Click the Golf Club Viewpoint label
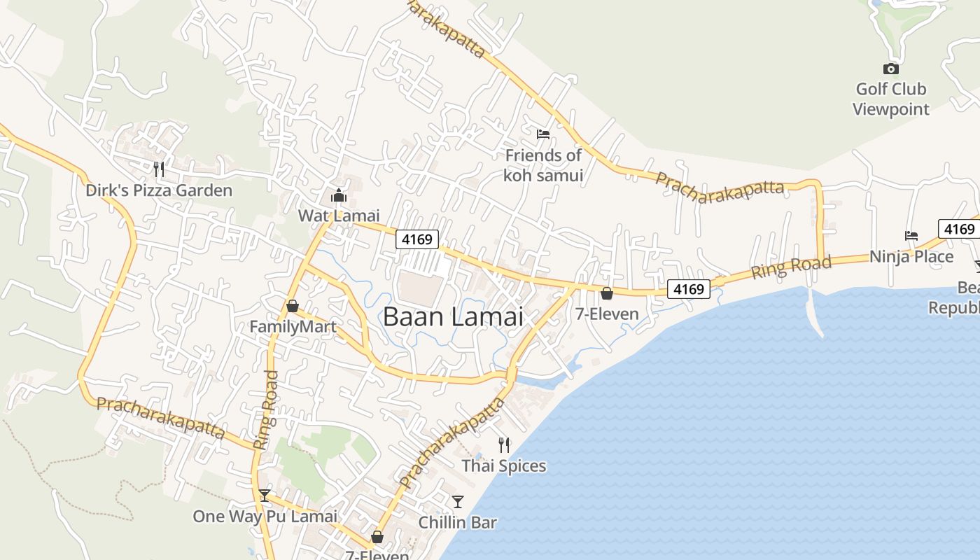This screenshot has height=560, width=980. click(890, 99)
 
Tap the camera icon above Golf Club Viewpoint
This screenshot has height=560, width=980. click(890, 69)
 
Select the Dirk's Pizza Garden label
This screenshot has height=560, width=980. click(159, 190)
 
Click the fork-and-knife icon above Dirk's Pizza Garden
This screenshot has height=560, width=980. click(159, 169)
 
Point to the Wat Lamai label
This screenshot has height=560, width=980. click(339, 216)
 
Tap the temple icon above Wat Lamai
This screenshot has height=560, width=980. click(339, 195)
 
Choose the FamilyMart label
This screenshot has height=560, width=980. click(293, 326)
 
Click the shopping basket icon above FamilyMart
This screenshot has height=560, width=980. click(293, 306)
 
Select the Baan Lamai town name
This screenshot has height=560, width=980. click(453, 316)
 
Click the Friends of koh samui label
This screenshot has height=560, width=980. click(543, 165)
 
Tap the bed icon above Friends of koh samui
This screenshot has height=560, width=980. click(543, 134)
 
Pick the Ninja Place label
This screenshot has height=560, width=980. click(911, 256)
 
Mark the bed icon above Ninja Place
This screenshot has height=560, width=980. click(911, 236)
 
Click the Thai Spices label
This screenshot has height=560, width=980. click(503, 465)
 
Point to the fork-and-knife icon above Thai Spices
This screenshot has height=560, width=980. click(503, 444)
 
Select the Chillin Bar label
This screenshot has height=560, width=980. click(457, 522)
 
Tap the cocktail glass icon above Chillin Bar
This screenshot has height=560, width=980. click(457, 502)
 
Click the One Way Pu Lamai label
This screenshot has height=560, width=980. click(265, 517)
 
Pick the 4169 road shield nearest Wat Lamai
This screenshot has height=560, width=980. click(417, 239)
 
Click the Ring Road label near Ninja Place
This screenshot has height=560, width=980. click(791, 267)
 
